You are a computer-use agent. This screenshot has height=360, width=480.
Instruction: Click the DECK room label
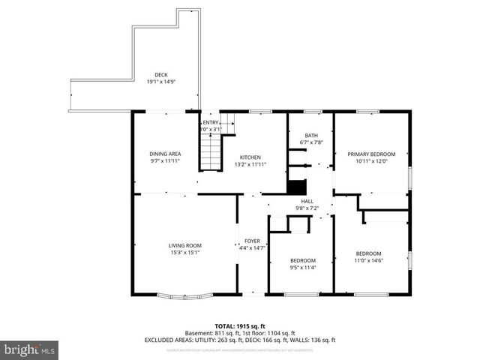pos(161,74)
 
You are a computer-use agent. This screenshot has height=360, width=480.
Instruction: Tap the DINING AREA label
pos(165,154)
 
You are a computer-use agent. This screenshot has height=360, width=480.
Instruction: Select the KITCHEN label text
pos(250,157)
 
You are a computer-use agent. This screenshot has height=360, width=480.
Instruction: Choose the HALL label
pos(307,201)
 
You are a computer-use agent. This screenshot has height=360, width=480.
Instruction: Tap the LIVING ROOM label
pos(184,245)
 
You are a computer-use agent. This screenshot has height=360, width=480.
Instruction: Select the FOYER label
pos(252,241)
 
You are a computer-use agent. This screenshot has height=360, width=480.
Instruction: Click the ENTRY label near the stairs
pos(211,123)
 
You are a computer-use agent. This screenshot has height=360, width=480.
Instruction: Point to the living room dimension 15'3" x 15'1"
pos(184,252)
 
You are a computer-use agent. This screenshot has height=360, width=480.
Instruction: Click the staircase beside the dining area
pos(212,154)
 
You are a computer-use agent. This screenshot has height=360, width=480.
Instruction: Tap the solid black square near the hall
pos(298,187)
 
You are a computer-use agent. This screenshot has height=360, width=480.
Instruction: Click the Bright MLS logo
pos(30,349)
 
